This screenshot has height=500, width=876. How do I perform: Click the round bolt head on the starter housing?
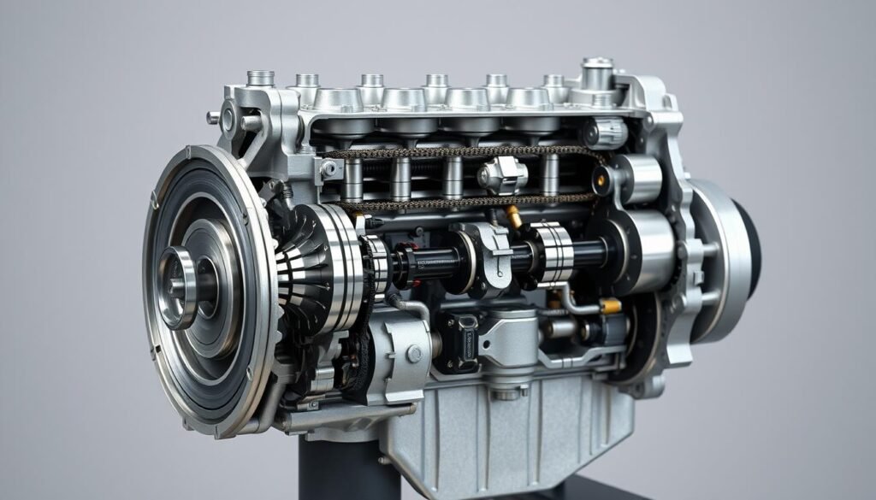point(414,354)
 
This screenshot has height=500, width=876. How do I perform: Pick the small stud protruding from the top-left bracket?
point(213,118)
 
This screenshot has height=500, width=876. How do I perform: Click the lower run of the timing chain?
point(462,203)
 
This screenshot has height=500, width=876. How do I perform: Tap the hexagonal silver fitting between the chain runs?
point(501,175)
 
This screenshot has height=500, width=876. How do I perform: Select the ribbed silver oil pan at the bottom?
point(513,436)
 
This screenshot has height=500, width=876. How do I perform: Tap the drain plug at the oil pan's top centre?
point(506,391)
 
